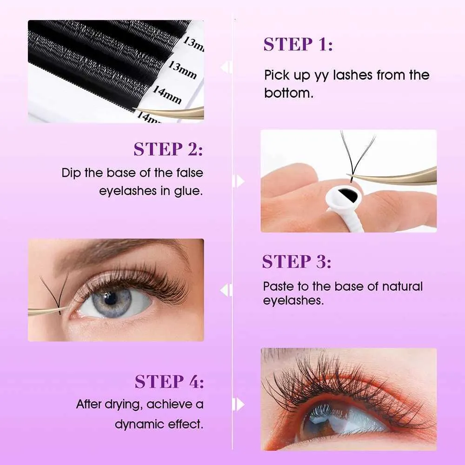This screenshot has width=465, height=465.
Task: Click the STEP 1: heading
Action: point(298,45)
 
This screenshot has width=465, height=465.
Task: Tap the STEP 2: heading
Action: point(168,149)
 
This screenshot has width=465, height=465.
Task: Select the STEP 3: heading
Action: point(297,261)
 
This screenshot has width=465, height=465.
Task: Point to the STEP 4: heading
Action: point(169,381)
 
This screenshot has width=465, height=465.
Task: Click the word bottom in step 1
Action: point(288,93)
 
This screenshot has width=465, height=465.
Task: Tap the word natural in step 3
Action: point(402,286)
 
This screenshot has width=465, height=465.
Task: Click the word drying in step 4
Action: point(121,405)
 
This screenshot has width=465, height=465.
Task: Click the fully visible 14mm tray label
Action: point(167,95)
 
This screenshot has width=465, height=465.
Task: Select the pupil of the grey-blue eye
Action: point(110,298)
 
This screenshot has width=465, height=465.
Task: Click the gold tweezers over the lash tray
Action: point(172,112)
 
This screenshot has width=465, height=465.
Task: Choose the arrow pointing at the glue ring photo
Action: point(239,181)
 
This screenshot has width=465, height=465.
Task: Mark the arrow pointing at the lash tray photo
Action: point(226,67)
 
